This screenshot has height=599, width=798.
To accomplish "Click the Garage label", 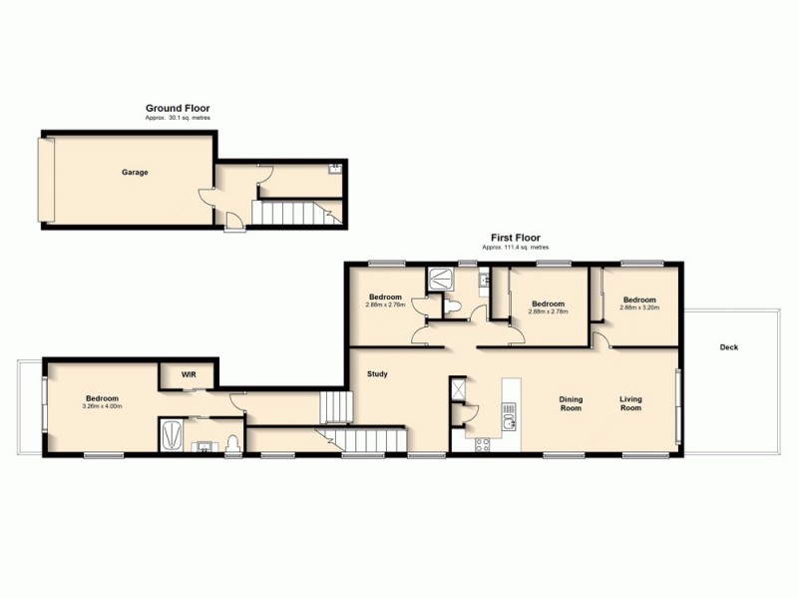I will click(135, 173).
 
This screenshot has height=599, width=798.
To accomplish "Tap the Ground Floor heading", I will click(178, 109).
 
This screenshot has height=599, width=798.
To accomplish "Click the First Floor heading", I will click(515, 238).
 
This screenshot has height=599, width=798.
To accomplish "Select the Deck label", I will click(729, 347).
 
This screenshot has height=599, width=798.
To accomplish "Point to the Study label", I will click(377, 374).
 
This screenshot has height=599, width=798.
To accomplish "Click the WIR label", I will click(189, 374).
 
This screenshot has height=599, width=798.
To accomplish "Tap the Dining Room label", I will click(570, 403).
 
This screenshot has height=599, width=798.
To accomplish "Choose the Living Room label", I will click(630, 403).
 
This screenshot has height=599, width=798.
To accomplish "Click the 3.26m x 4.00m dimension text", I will click(101, 406).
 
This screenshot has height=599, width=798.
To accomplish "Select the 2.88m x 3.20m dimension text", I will click(639, 307).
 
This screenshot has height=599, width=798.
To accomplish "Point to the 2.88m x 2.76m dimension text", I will click(385, 304).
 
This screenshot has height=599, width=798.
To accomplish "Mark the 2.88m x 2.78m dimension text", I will click(548, 310).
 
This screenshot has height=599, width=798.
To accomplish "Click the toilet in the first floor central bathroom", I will click(453, 307).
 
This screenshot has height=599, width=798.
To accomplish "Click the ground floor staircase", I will click(289, 213).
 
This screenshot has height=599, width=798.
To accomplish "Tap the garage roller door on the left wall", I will click(43, 180).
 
